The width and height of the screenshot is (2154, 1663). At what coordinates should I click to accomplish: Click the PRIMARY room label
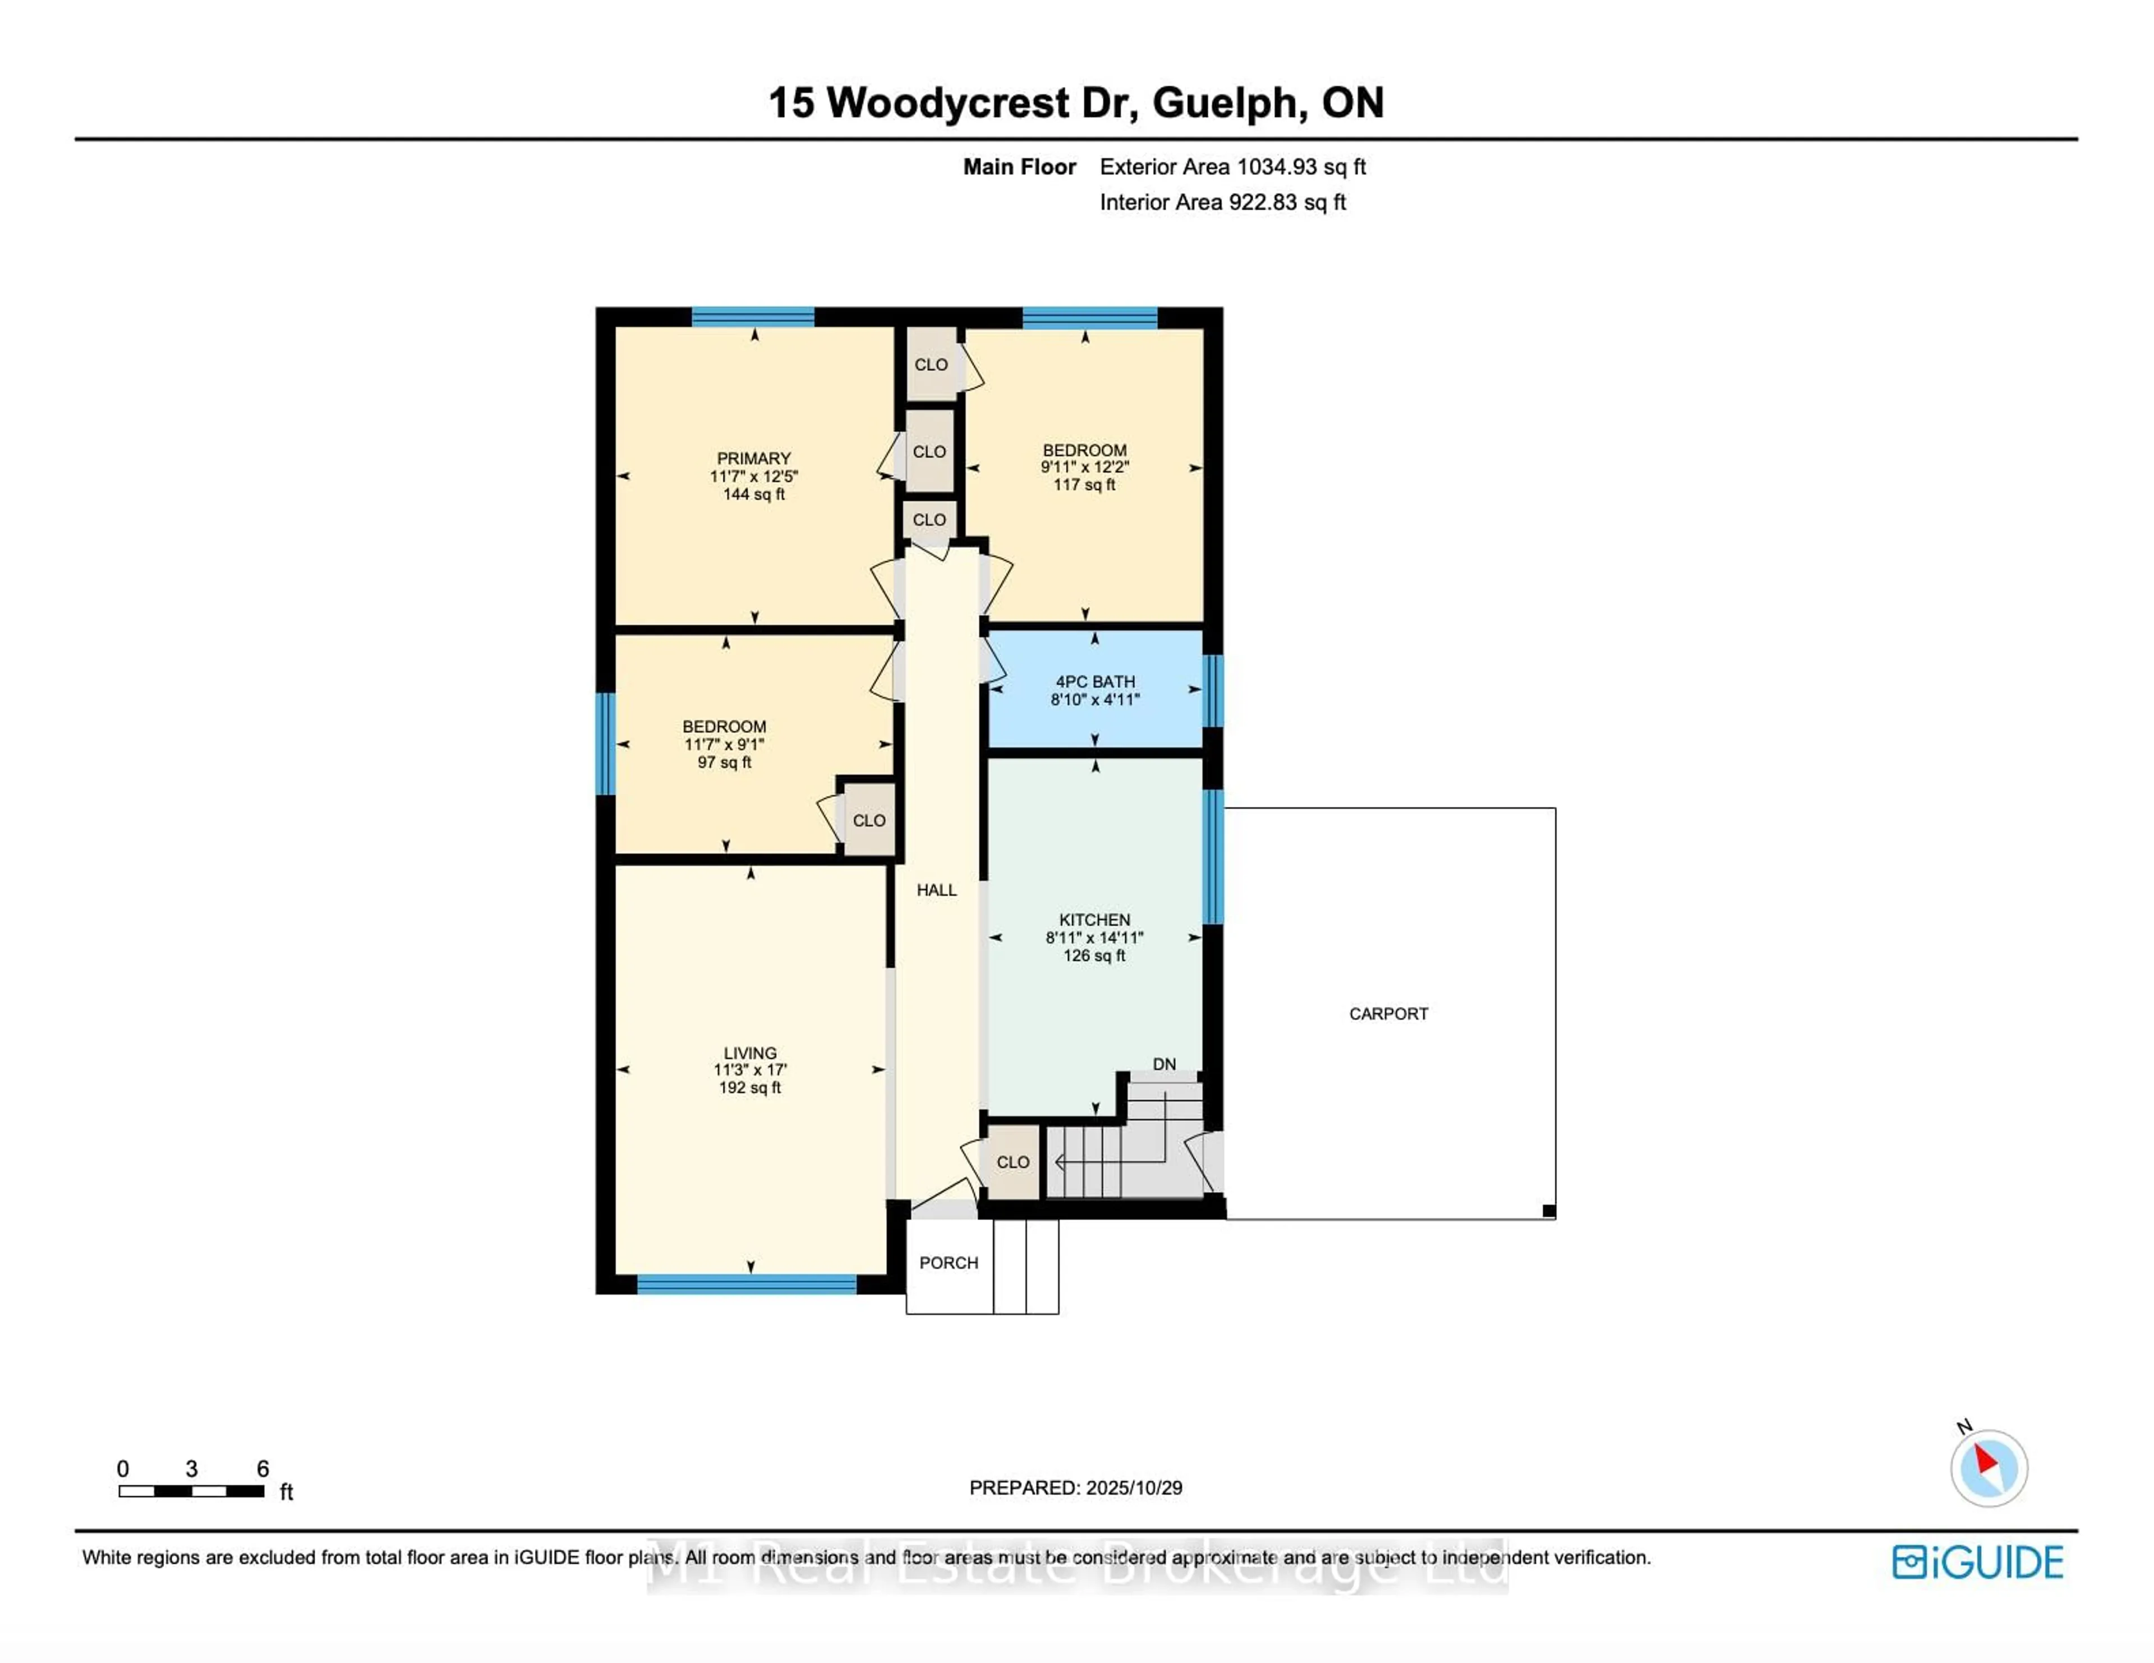point(753,459)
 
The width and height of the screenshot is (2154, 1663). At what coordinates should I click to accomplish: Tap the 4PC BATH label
point(1095,681)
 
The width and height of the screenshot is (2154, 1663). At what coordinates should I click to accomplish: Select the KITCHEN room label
point(1094,920)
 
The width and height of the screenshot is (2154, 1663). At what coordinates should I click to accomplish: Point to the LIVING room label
point(749,1053)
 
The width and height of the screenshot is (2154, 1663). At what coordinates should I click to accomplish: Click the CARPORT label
point(1388,1013)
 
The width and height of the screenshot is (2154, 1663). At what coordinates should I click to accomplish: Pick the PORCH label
point(948,1263)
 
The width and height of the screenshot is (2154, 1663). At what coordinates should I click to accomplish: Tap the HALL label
point(936,890)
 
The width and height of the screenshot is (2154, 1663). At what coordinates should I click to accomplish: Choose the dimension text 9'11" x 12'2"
point(1084,467)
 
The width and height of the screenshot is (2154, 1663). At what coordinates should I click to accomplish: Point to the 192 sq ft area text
point(749,1087)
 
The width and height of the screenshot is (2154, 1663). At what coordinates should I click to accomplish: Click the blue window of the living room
point(747,1283)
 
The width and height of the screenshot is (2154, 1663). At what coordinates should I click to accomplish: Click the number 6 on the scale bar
point(263,1469)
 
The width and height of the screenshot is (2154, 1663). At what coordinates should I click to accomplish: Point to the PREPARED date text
point(1075,1488)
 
